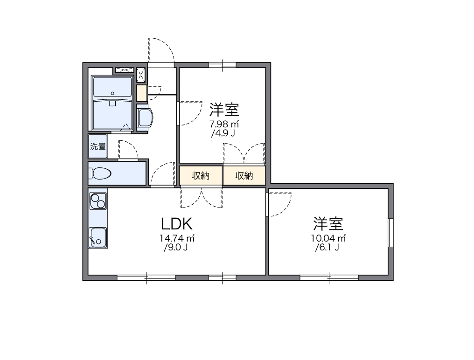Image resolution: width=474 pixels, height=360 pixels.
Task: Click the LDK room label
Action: click(x=177, y=224)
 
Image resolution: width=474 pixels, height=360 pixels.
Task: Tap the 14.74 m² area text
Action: click(x=177, y=238)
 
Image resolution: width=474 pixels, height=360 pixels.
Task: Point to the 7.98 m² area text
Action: click(x=224, y=124)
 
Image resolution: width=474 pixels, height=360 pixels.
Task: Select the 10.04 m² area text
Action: click(x=328, y=238)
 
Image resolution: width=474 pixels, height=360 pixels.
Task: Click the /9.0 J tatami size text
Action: click(x=176, y=248)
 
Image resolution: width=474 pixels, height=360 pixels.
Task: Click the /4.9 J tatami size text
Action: click(x=223, y=134)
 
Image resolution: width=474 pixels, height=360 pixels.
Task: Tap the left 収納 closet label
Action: click(x=201, y=176)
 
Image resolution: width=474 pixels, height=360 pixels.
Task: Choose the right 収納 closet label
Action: click(x=244, y=176)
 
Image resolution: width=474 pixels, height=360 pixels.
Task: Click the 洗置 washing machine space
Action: click(x=98, y=146)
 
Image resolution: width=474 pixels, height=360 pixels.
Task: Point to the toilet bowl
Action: click(x=102, y=173)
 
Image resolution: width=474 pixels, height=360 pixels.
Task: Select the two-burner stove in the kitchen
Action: click(x=98, y=201)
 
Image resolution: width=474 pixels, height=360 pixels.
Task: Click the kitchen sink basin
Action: click(x=98, y=237)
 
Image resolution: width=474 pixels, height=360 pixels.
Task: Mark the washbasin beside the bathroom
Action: click(x=145, y=118)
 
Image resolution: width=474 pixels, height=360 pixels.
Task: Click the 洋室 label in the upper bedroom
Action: click(x=224, y=110)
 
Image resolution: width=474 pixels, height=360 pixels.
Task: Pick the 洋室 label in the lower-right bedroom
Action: click(x=328, y=224)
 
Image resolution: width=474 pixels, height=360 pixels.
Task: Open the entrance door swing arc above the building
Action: click(x=161, y=49)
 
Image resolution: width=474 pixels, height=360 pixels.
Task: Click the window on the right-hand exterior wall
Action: click(x=390, y=232)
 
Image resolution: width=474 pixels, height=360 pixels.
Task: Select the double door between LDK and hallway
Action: click(x=202, y=197)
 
